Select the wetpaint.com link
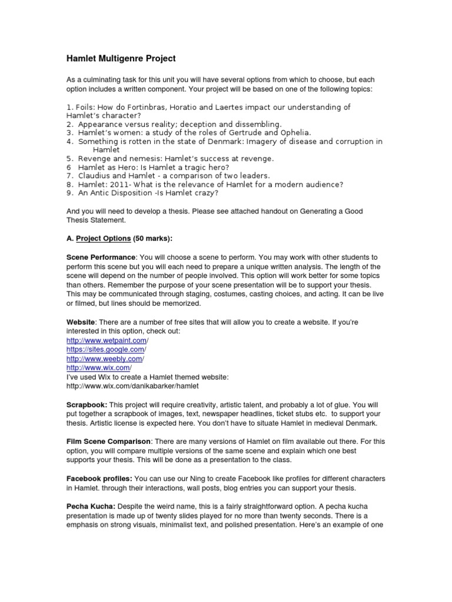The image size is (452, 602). (107, 340)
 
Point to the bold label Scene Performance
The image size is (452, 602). (101, 258)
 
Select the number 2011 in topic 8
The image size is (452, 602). (117, 184)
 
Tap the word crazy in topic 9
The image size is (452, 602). (205, 193)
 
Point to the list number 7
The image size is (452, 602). (68, 176)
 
